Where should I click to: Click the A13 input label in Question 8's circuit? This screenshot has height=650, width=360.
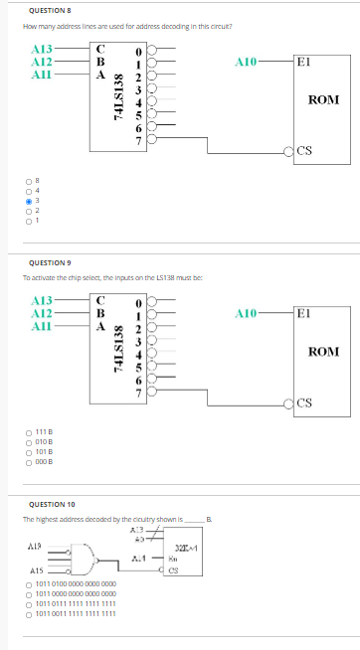[x=43, y=49]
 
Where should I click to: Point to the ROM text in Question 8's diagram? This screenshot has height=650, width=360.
[x=324, y=100]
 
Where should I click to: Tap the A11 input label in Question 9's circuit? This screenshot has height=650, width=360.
[x=43, y=327]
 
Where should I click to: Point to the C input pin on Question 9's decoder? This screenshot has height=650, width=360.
[x=100, y=299]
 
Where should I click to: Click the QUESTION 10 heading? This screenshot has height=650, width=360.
[x=44, y=505]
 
